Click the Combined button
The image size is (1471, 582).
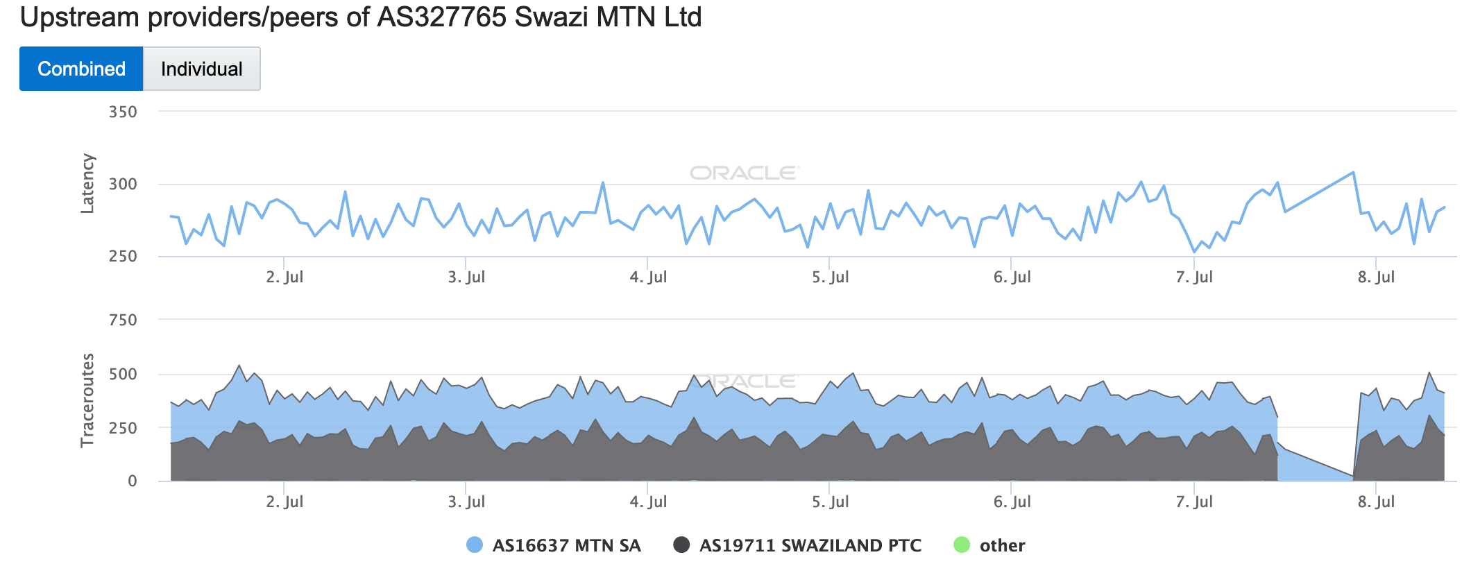[x=81, y=69]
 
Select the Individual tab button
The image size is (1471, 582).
[x=201, y=69]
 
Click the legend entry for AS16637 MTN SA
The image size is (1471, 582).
[x=566, y=546]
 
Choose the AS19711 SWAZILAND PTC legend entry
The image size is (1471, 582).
[x=810, y=546]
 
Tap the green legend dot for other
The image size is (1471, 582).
[x=962, y=545]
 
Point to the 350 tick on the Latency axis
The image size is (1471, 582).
[x=123, y=112]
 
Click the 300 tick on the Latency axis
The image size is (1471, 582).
[x=123, y=185]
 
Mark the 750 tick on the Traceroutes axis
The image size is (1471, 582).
[x=123, y=320]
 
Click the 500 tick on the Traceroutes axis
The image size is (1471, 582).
[x=123, y=375]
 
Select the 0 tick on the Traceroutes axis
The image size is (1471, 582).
[x=132, y=481]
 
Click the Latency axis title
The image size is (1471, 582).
[x=87, y=184]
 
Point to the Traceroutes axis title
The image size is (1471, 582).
[x=87, y=400]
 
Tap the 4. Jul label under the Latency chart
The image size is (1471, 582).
[x=648, y=277]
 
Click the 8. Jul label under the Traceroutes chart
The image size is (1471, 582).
[x=1376, y=502]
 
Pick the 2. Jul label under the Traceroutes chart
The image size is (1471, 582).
[x=284, y=502]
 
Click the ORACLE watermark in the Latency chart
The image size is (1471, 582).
[x=745, y=173]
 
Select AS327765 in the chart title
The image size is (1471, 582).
[x=442, y=17]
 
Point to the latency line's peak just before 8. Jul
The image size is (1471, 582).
[x=1353, y=172]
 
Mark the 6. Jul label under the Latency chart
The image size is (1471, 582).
[x=1012, y=277]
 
